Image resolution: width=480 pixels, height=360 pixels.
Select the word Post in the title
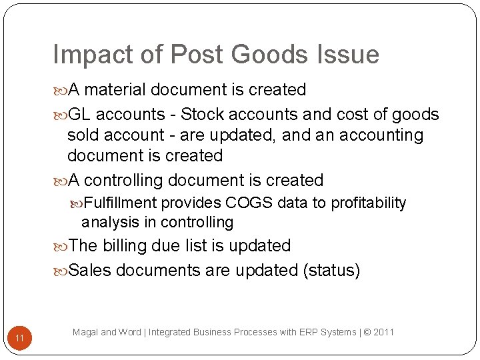pyautogui.click(x=188, y=55)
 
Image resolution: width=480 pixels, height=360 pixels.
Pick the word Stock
pyautogui.click(x=205, y=115)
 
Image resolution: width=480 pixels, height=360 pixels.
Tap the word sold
pyautogui.click(x=85, y=135)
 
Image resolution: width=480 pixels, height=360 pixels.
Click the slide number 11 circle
pyautogui.click(x=20, y=339)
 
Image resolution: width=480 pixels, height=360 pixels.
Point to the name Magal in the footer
pyautogui.click(x=85, y=331)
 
